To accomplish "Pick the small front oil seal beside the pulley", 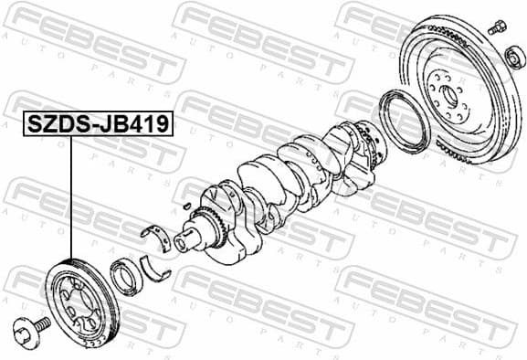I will click(x=124, y=276).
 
